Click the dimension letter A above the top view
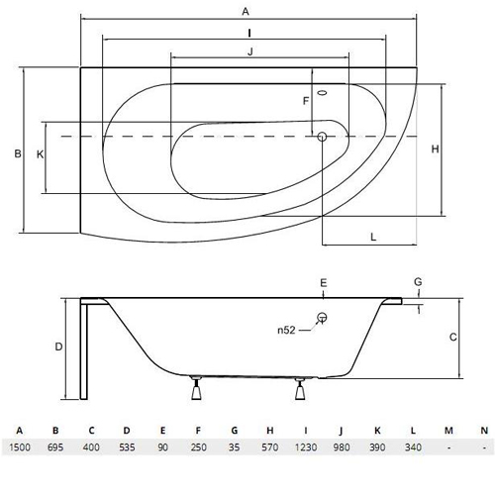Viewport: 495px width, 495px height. pos(246,12)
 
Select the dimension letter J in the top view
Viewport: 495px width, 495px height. pos(250,51)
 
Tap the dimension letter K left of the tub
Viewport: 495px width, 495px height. pos(40,154)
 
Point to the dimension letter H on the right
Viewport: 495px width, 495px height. pos(436,149)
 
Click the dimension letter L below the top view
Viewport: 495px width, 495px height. pos(373,237)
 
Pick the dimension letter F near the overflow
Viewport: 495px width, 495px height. pos(306,101)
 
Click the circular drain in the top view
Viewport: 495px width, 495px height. pos(322,137)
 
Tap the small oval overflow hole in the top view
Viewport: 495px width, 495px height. pos(322,93)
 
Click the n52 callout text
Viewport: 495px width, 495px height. pos(286,330)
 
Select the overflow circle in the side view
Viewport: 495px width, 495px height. pos(322,318)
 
